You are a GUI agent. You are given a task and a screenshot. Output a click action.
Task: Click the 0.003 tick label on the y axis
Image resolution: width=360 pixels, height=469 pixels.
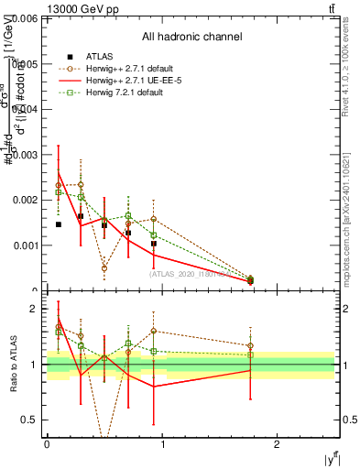point(26,154)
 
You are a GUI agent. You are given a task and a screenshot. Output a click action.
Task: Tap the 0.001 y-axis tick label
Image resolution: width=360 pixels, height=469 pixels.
point(26,245)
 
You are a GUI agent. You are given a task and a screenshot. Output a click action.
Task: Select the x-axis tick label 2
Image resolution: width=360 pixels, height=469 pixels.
point(278,443)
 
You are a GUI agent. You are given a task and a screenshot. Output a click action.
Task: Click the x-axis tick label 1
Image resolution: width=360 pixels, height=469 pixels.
point(162,443)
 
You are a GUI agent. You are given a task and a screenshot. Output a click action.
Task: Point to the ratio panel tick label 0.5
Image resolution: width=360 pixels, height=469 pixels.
point(31,420)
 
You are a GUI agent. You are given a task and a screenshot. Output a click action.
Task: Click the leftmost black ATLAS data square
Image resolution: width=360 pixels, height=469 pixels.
point(59,224)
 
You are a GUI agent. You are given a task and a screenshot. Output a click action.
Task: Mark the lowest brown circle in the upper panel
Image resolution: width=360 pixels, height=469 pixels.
point(251,280)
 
